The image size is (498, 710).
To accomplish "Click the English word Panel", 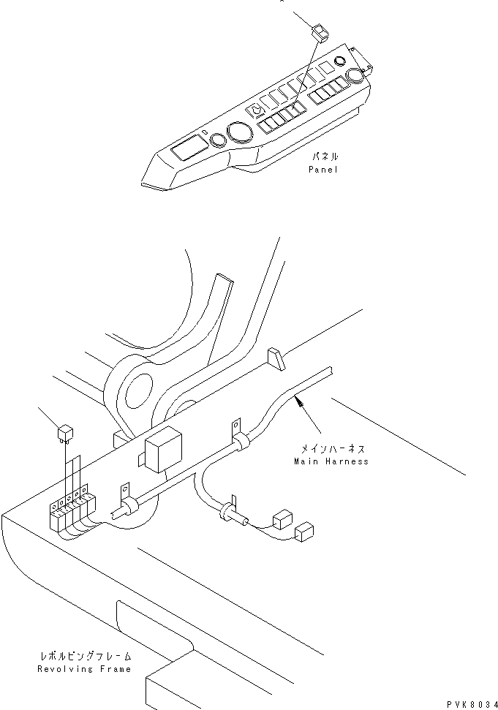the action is click(x=323, y=170).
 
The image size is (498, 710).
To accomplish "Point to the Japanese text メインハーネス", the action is click(x=333, y=449).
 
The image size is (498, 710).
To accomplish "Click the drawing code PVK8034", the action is click(x=472, y=704).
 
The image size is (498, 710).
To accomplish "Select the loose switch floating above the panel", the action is click(x=320, y=34).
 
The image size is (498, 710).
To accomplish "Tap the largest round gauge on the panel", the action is click(x=241, y=132).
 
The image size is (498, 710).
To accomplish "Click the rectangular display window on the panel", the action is click(x=189, y=147).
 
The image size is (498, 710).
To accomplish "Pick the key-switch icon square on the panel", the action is click(x=254, y=110).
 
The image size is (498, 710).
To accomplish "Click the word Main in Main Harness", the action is click(x=305, y=462).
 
